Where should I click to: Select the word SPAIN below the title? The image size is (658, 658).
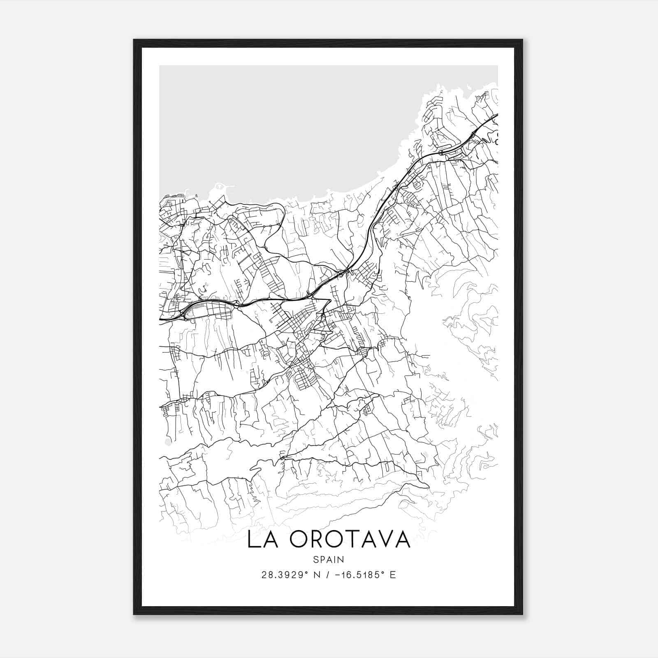point(328,559)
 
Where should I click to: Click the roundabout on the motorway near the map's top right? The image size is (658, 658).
point(440,153)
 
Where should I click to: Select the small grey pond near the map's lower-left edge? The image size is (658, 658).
point(167,442)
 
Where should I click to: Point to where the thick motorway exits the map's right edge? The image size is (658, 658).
point(497,115)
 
